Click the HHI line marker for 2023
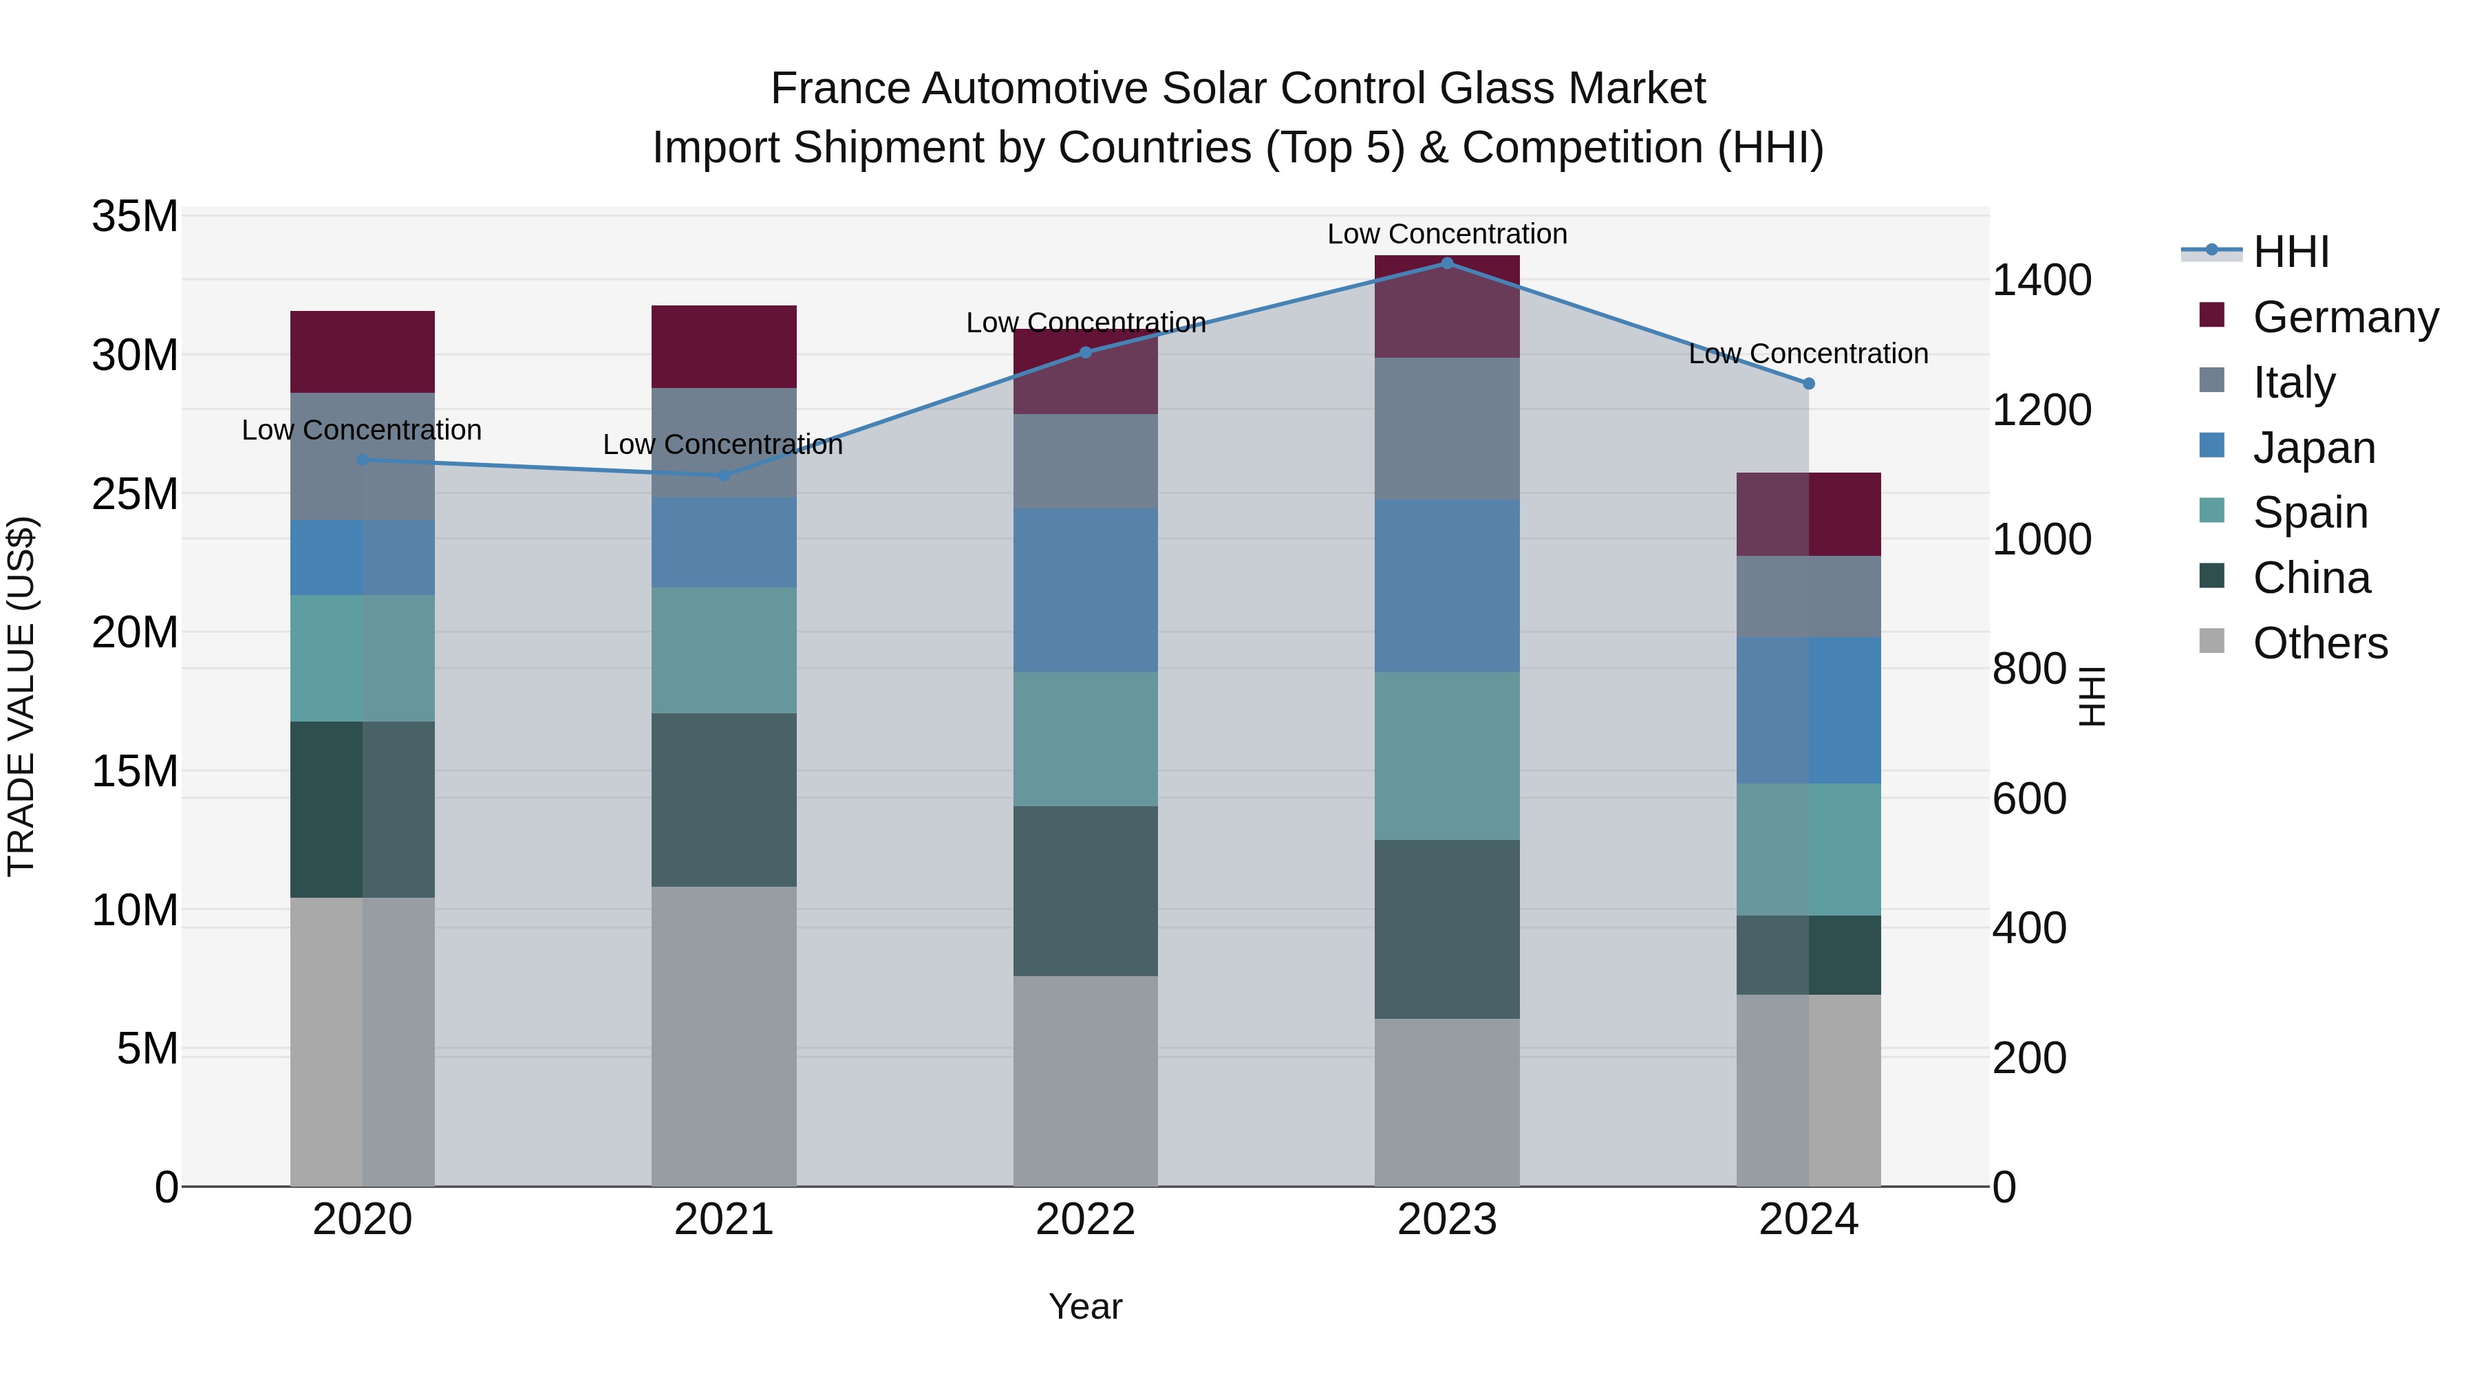[1446, 263]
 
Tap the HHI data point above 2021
[723, 475]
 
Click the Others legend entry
[2319, 643]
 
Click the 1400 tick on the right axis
[2041, 280]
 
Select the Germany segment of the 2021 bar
[723, 346]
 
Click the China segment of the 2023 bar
[1446, 929]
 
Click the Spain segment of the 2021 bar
[723, 650]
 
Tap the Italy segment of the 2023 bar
[1446, 428]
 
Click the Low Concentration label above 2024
[1808, 354]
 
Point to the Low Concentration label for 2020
[361, 430]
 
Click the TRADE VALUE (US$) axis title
[21, 696]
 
